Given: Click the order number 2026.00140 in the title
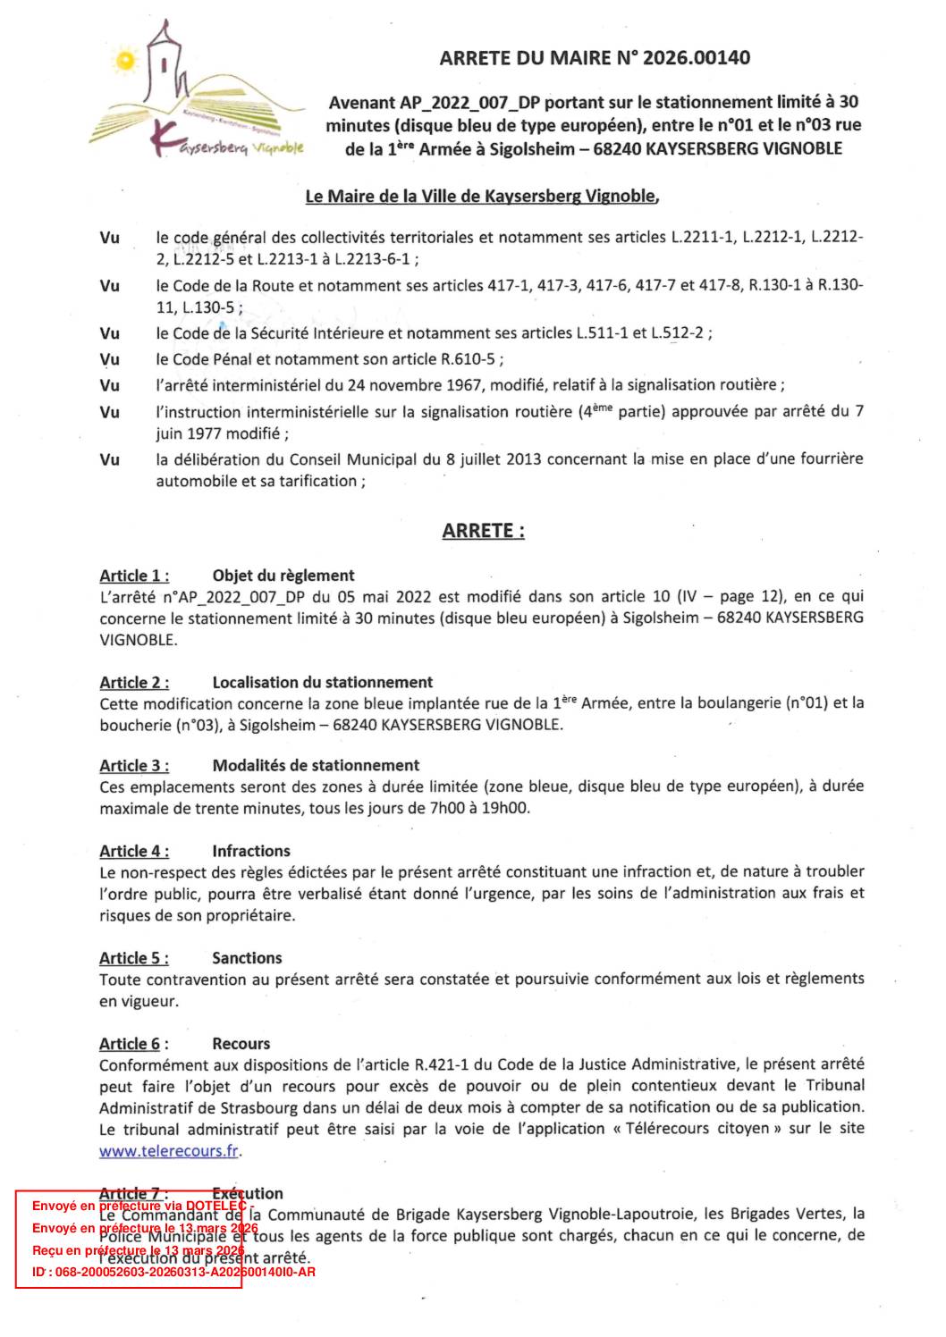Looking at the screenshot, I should click(x=697, y=58).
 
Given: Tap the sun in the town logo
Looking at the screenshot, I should click(x=126, y=61).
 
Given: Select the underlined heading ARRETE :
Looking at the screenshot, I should click(x=483, y=531).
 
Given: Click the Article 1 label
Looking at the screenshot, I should click(x=134, y=576).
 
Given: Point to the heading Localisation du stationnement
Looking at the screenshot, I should click(x=322, y=682).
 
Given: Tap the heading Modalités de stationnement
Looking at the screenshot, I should click(x=316, y=765).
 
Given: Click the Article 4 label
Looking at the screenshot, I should click(x=134, y=851).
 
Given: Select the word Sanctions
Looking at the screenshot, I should click(x=247, y=958).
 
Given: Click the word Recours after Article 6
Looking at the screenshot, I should click(x=241, y=1043).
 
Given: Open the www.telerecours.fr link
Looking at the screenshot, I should click(x=169, y=1151).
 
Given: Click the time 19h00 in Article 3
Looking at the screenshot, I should click(x=506, y=809).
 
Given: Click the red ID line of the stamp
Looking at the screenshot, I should click(x=173, y=1272).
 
